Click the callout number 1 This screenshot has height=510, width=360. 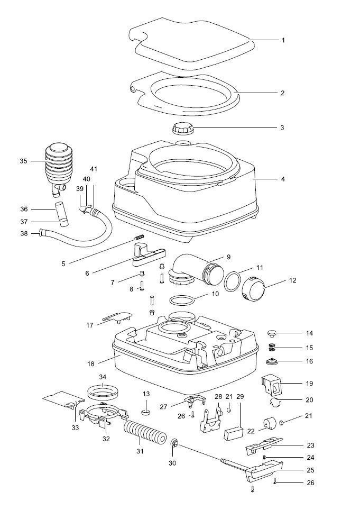[x=283, y=40]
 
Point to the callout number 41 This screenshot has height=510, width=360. [x=94, y=169]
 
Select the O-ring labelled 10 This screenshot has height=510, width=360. [x=181, y=300]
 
